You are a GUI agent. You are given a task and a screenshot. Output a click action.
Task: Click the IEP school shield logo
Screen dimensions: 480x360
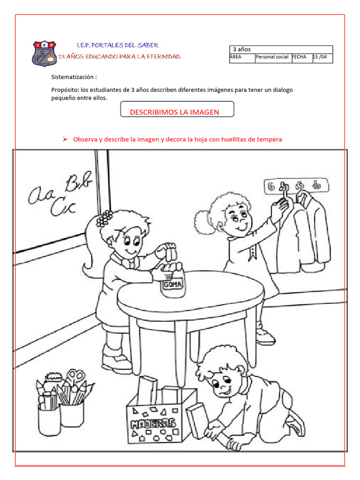click(x=45, y=53)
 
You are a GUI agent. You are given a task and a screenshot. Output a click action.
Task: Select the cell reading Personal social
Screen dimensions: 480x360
click(x=272, y=57)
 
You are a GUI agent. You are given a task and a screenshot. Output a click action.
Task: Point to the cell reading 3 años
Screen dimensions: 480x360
click(x=242, y=49)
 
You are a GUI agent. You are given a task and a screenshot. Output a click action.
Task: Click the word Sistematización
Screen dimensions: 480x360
click(x=74, y=77)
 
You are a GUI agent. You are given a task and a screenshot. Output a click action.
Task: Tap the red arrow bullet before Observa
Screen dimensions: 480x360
click(x=65, y=139)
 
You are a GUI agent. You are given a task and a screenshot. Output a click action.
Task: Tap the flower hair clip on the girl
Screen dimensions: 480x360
click(x=104, y=218)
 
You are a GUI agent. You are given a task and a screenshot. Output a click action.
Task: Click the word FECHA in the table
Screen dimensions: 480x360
click(x=299, y=57)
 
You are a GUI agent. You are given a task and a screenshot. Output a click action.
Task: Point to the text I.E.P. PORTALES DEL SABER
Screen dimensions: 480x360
click(x=118, y=45)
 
